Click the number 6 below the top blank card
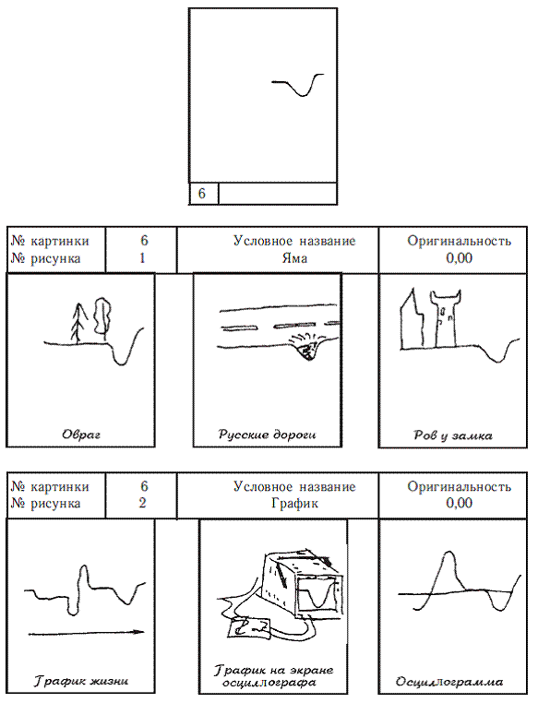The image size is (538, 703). point(201,193)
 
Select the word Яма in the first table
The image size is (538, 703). point(294,258)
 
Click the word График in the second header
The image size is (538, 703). point(294,503)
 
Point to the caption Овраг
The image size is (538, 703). point(81,435)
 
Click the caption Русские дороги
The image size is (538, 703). point(268,435)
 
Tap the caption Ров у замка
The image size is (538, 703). point(453,435)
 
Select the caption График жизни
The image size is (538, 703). point(81,681)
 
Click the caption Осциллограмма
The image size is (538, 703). point(449,682)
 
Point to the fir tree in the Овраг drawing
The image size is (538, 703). point(78,323)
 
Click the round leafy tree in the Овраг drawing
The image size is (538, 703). point(102,316)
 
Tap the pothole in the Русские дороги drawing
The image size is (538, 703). point(308,350)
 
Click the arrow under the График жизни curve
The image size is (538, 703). point(87,633)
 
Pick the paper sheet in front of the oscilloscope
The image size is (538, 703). point(249,627)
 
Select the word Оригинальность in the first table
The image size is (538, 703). point(459,241)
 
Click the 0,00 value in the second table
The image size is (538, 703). point(459,503)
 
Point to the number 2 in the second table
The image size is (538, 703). point(142,503)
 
